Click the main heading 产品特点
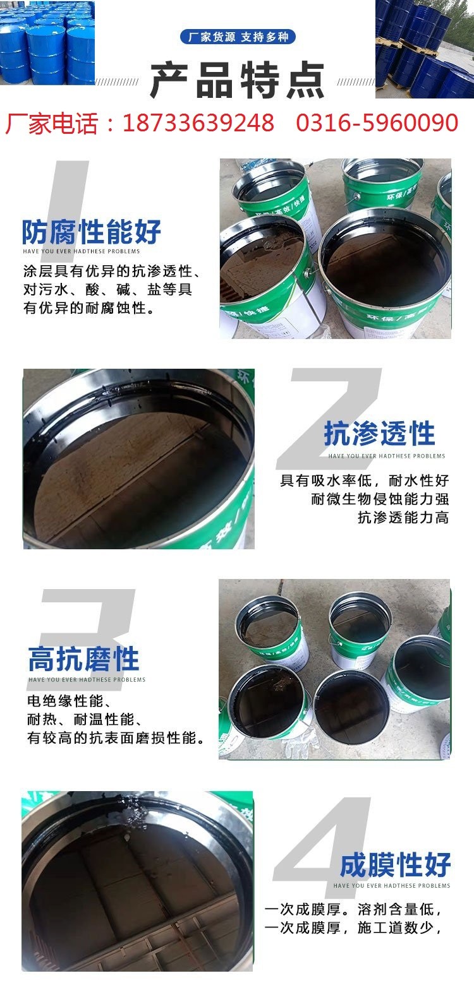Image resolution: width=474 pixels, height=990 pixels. point(237,80)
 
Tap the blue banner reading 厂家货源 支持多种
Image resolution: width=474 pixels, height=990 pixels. point(238,37)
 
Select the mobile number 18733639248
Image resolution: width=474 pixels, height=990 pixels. point(198,123)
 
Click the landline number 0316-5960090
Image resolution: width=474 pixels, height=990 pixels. point(377,123)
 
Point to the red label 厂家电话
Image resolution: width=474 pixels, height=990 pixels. point(51,123)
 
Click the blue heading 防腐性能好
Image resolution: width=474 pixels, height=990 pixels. point(91,232)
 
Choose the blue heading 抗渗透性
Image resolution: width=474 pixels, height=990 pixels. point(380,434)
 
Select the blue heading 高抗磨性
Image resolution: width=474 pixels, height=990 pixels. point(83,659)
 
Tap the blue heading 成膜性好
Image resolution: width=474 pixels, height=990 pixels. point(395,864)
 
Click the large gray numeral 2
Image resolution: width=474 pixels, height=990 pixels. point(330,418)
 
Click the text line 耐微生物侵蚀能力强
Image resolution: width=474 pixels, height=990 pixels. point(380,499)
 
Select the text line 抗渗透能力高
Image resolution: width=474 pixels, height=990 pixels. point(403,518)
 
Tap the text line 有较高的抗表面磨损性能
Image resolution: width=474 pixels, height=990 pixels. point(116,737)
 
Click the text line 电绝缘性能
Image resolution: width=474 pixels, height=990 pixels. point(69,701)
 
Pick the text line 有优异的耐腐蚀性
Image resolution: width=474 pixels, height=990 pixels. point(89,308)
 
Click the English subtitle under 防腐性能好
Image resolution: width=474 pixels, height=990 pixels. point(82,251)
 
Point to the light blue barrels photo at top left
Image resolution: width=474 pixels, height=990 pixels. point(47,42)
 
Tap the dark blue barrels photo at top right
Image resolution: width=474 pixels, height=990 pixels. point(425,49)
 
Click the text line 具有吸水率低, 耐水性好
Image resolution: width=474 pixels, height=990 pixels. point(365,480)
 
